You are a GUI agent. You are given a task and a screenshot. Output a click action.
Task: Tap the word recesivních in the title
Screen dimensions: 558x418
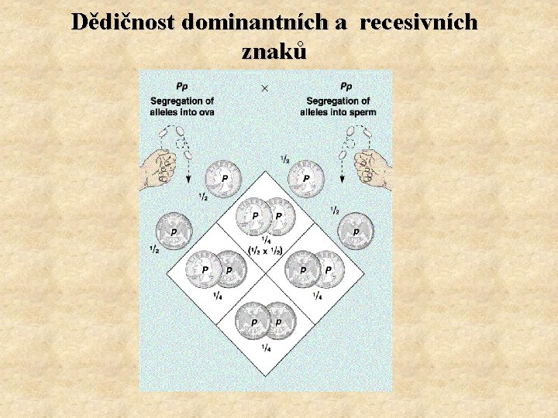click(x=419, y=22)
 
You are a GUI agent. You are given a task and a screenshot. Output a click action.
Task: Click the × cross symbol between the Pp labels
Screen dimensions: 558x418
click(x=265, y=88)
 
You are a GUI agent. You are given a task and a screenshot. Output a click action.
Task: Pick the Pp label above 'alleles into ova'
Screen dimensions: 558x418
click(x=182, y=87)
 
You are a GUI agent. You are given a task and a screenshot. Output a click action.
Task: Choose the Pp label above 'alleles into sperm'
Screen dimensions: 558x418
click(x=346, y=87)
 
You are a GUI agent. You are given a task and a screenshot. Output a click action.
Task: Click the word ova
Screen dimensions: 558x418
click(x=205, y=112)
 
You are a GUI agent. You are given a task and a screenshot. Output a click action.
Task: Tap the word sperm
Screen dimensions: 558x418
click(x=362, y=112)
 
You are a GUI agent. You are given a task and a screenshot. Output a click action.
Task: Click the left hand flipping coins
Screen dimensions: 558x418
click(x=158, y=169)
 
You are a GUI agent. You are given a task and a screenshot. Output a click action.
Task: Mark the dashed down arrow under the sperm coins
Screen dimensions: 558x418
click(x=342, y=172)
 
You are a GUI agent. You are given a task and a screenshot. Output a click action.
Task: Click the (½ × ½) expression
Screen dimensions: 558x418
click(x=265, y=250)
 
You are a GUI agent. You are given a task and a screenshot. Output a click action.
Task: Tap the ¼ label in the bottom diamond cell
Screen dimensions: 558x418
click(x=265, y=348)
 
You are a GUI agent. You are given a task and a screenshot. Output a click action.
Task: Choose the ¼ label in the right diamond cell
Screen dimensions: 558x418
click(x=318, y=296)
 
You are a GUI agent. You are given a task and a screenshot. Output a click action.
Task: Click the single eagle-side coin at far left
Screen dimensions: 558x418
click(x=173, y=231)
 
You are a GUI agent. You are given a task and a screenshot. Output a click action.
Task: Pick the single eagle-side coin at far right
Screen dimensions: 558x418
click(x=356, y=231)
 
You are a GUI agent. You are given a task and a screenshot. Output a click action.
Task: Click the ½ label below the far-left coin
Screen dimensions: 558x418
click(x=154, y=249)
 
